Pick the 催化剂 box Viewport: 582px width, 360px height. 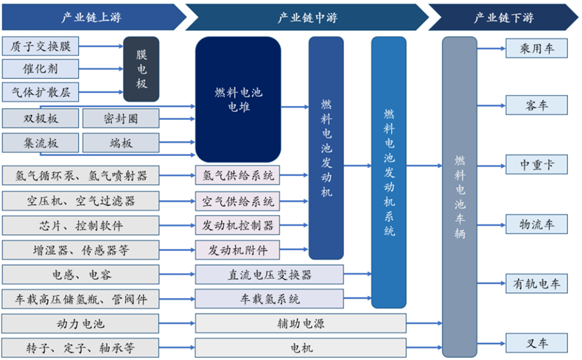point(41,69)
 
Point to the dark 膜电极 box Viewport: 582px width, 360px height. point(141,69)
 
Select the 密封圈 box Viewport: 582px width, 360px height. point(120,118)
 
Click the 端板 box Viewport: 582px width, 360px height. point(120,142)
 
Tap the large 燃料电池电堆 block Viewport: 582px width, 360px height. point(238,99)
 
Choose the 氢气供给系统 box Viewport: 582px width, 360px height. point(238,176)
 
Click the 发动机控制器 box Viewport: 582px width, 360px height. point(238,225)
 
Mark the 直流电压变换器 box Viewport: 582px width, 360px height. point(269,275)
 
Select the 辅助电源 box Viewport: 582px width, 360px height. point(301,323)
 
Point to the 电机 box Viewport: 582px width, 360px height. point(301,347)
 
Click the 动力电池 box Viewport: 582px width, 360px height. point(80,323)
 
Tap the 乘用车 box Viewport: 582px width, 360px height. point(536,48)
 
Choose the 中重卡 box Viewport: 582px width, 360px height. point(536,163)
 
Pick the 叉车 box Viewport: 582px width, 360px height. point(536,342)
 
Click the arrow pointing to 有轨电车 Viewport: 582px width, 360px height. point(491,282)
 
